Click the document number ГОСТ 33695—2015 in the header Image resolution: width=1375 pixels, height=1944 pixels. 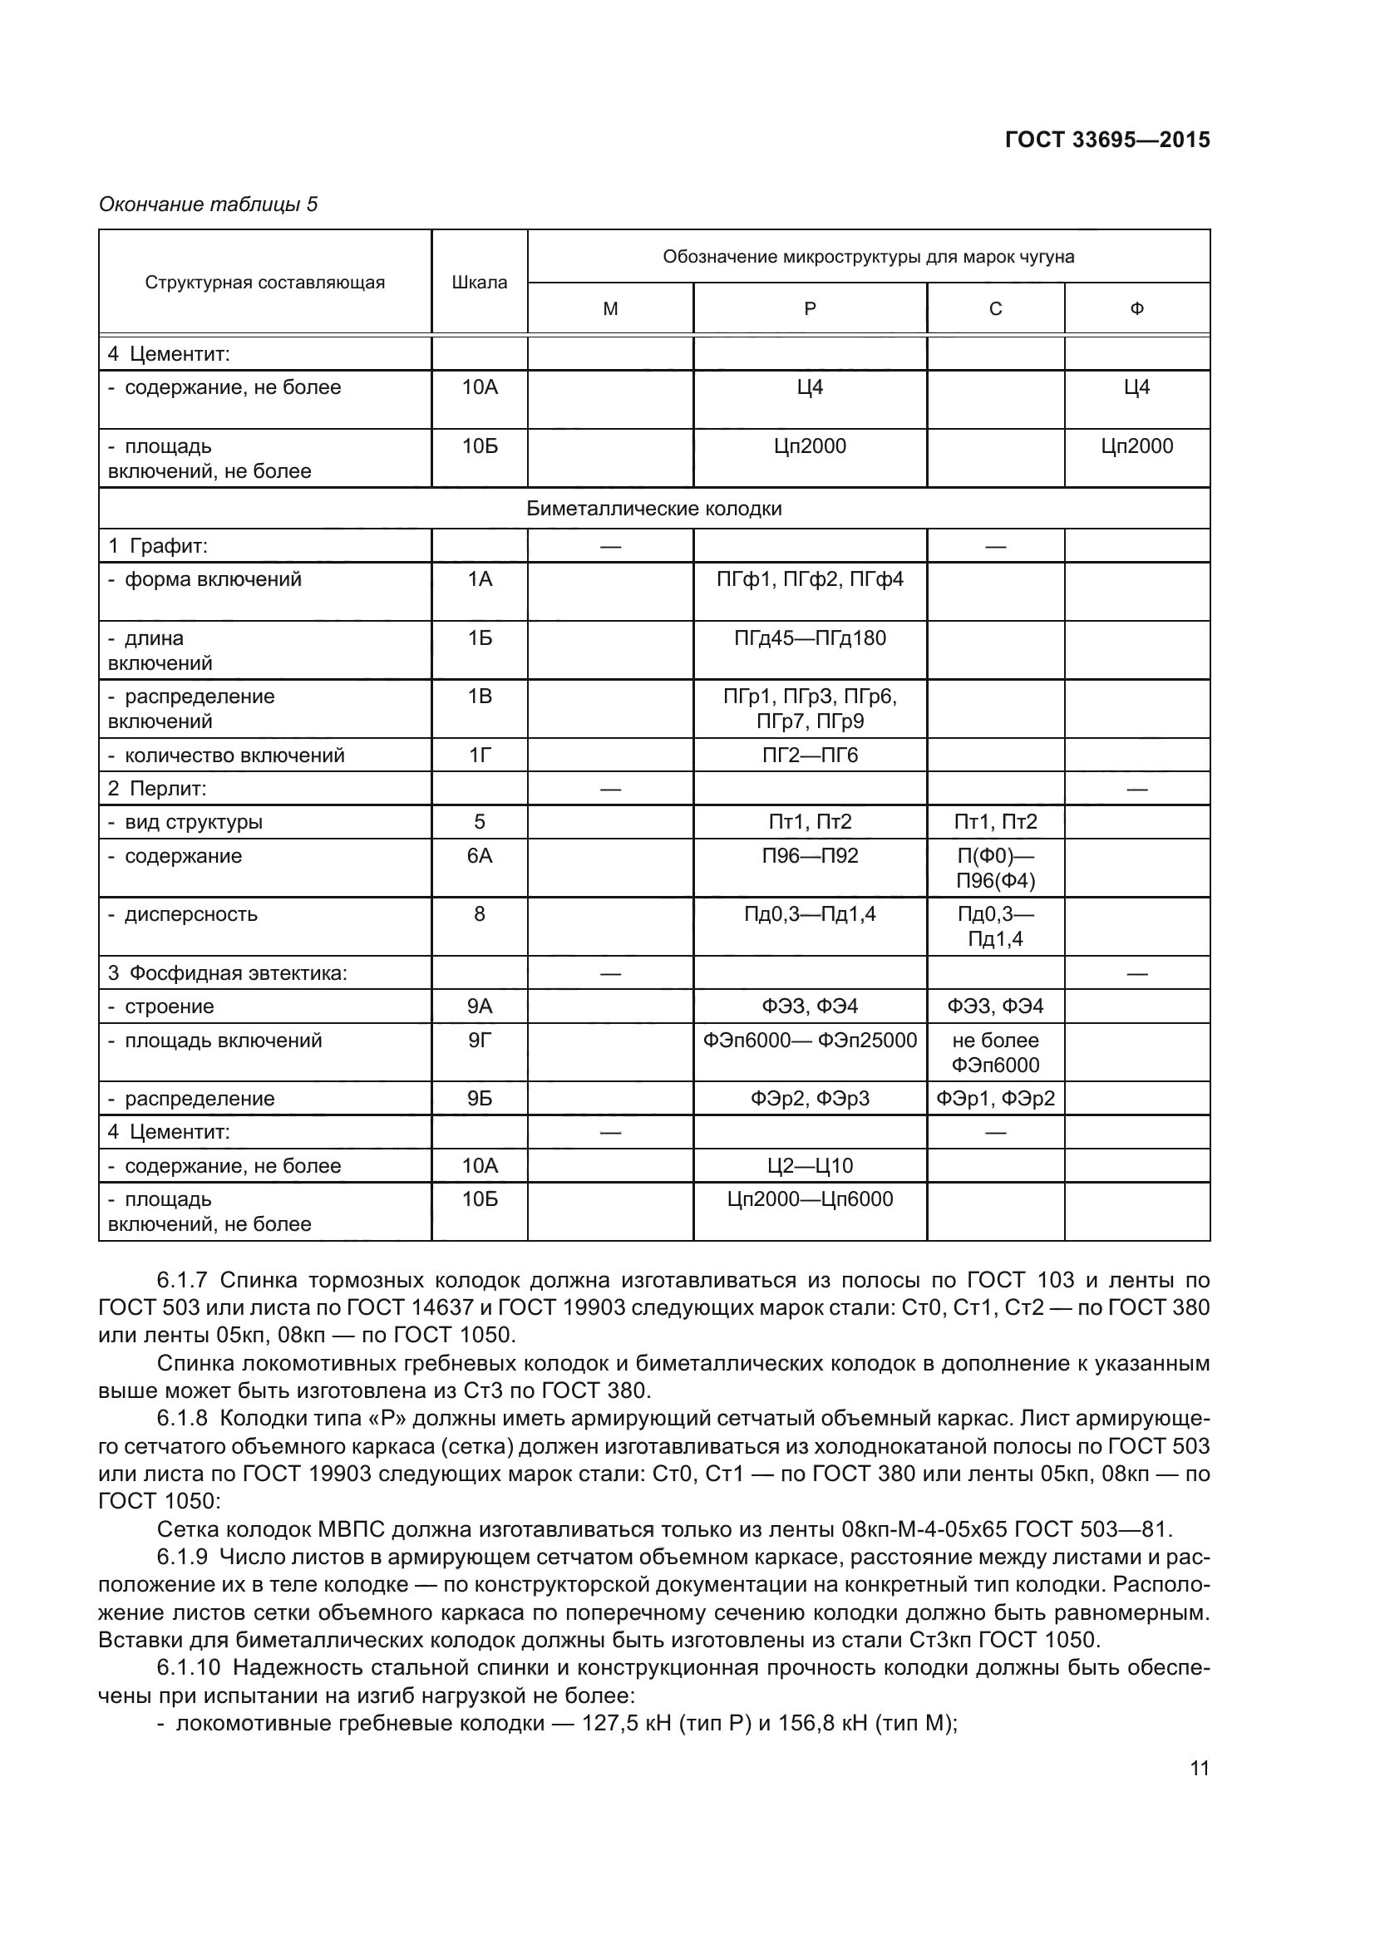pyautogui.click(x=1106, y=140)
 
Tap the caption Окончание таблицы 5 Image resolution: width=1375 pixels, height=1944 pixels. pyautogui.click(x=209, y=204)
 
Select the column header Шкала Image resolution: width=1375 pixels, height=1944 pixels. pyautogui.click(x=479, y=283)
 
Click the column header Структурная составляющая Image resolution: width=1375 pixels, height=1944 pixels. pyautogui.click(x=264, y=283)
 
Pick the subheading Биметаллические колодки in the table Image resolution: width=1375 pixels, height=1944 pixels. pyautogui.click(x=653, y=509)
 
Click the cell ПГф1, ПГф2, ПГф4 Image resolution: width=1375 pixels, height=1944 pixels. pyautogui.click(x=810, y=580)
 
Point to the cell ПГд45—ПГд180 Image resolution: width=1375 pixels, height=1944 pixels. pyautogui.click(x=810, y=638)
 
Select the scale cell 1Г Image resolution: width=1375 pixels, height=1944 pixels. pyautogui.click(x=479, y=755)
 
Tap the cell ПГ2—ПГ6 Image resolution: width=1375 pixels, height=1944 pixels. pyautogui.click(x=810, y=755)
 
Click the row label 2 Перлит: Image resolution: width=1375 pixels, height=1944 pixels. pyautogui.click(x=157, y=789)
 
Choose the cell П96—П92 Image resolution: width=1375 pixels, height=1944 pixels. pyautogui.click(x=810, y=856)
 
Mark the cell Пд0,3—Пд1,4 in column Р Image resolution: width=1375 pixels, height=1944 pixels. pyautogui.click(x=810, y=914)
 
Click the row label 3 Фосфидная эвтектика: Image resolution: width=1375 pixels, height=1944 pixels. pyautogui.click(x=227, y=974)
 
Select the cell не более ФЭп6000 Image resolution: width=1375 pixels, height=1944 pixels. pyautogui.click(x=995, y=1052)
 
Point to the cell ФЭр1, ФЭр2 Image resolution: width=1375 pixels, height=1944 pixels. pyautogui.click(x=995, y=1099)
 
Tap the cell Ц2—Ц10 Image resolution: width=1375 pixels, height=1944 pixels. pyautogui.click(x=810, y=1166)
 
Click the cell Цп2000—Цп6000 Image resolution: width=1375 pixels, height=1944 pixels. pyautogui.click(x=810, y=1199)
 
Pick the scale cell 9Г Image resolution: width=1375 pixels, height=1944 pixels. pyautogui.click(x=479, y=1041)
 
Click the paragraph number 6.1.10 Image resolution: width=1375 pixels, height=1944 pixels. pyautogui.click(x=188, y=1668)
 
